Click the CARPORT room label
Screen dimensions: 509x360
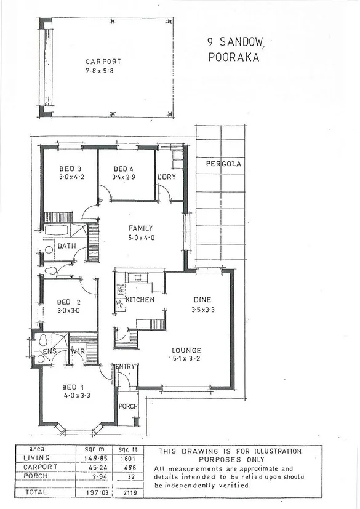[x=103, y=62]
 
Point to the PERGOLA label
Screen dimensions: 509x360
[x=224, y=164]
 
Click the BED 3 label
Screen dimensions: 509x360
[x=70, y=169]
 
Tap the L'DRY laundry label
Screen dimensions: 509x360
[x=167, y=177]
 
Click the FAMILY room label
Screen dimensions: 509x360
[x=140, y=228]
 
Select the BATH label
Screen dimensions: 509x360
[x=66, y=246]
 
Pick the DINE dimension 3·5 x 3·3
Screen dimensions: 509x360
[x=202, y=311]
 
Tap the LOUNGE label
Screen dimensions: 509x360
[x=186, y=350]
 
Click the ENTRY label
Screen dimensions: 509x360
[x=125, y=367]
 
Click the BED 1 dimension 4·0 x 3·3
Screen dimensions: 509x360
[x=76, y=395]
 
